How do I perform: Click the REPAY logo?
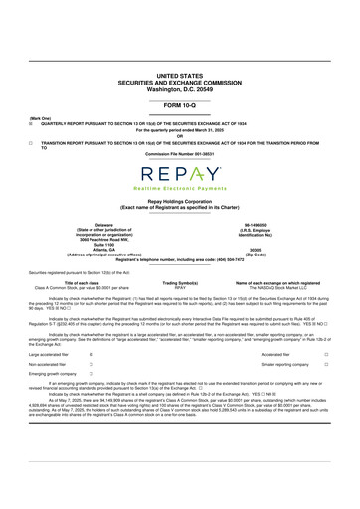point(179,172)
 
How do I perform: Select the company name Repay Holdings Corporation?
point(179,199)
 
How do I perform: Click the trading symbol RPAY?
point(180,287)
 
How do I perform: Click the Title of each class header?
point(91,282)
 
